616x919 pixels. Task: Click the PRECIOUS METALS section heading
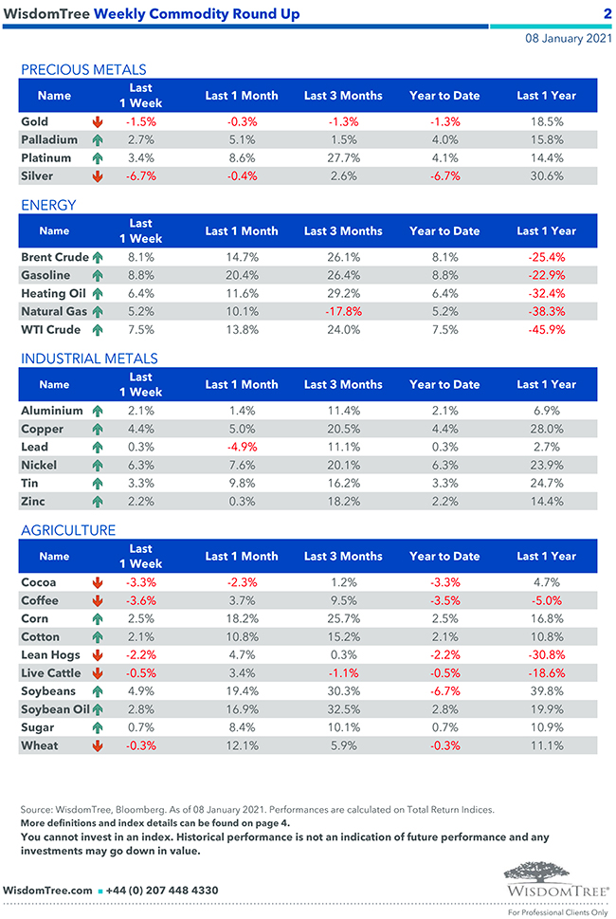[83, 69]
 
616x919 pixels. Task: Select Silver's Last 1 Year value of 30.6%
[546, 175]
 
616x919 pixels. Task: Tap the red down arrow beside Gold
[97, 122]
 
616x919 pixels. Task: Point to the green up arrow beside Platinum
[97, 157]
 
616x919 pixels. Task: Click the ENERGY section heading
[48, 205]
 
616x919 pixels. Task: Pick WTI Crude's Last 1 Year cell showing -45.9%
[546, 330]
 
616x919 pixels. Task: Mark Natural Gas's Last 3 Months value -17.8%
[343, 311]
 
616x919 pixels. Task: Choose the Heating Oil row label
[54, 293]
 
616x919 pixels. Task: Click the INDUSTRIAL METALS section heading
[89, 358]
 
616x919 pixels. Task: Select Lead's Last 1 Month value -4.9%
[242, 447]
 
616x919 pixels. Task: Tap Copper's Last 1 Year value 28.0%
[546, 429]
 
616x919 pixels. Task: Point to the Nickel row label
[39, 465]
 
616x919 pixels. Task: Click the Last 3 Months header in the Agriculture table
[343, 557]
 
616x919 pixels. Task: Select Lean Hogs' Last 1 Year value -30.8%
[546, 654]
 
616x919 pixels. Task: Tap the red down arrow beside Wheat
[97, 746]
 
